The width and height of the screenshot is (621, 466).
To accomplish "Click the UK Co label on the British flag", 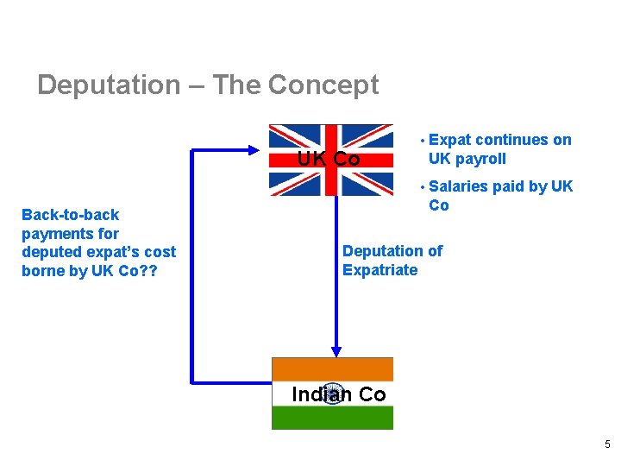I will (x=329, y=160).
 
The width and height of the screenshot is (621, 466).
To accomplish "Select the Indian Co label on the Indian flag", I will (x=339, y=394).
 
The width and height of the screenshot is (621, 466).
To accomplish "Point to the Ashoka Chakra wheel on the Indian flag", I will (x=333, y=394).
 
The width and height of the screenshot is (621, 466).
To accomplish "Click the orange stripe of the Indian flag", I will (x=332, y=368).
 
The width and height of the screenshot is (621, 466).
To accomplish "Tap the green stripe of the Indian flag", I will (x=332, y=419).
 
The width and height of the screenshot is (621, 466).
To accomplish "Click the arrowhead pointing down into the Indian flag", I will (x=336, y=351).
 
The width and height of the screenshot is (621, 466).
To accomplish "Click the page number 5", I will (x=607, y=444).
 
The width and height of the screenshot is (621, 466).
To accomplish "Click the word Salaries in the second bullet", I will (x=458, y=186).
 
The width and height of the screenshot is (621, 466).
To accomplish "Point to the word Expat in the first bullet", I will (x=449, y=140).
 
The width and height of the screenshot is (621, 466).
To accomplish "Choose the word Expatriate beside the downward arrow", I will (x=379, y=270).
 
